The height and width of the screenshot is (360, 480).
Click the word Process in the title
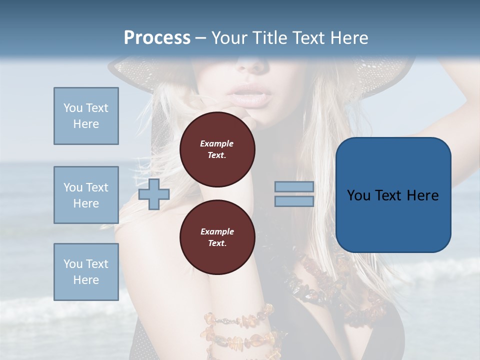tap(157, 38)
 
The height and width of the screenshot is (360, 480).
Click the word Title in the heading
tap(270, 38)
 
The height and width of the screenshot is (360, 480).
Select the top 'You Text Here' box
tap(86, 116)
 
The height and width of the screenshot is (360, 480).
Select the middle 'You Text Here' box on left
tap(86, 195)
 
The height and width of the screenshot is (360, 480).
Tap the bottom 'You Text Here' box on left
tap(86, 271)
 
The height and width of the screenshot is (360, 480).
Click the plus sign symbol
tap(153, 194)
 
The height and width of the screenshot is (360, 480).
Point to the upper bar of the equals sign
tap(294, 186)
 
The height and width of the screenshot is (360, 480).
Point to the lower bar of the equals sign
tap(294, 201)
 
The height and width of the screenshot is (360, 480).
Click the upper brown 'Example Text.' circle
tap(217, 149)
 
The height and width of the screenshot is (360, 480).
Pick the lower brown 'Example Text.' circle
tap(217, 237)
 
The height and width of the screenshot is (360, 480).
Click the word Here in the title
tap(348, 38)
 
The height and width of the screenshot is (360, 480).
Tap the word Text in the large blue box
tap(389, 195)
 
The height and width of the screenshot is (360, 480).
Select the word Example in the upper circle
tap(217, 143)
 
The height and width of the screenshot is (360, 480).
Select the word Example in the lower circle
tap(217, 231)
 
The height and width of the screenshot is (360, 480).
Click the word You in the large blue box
tap(358, 195)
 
